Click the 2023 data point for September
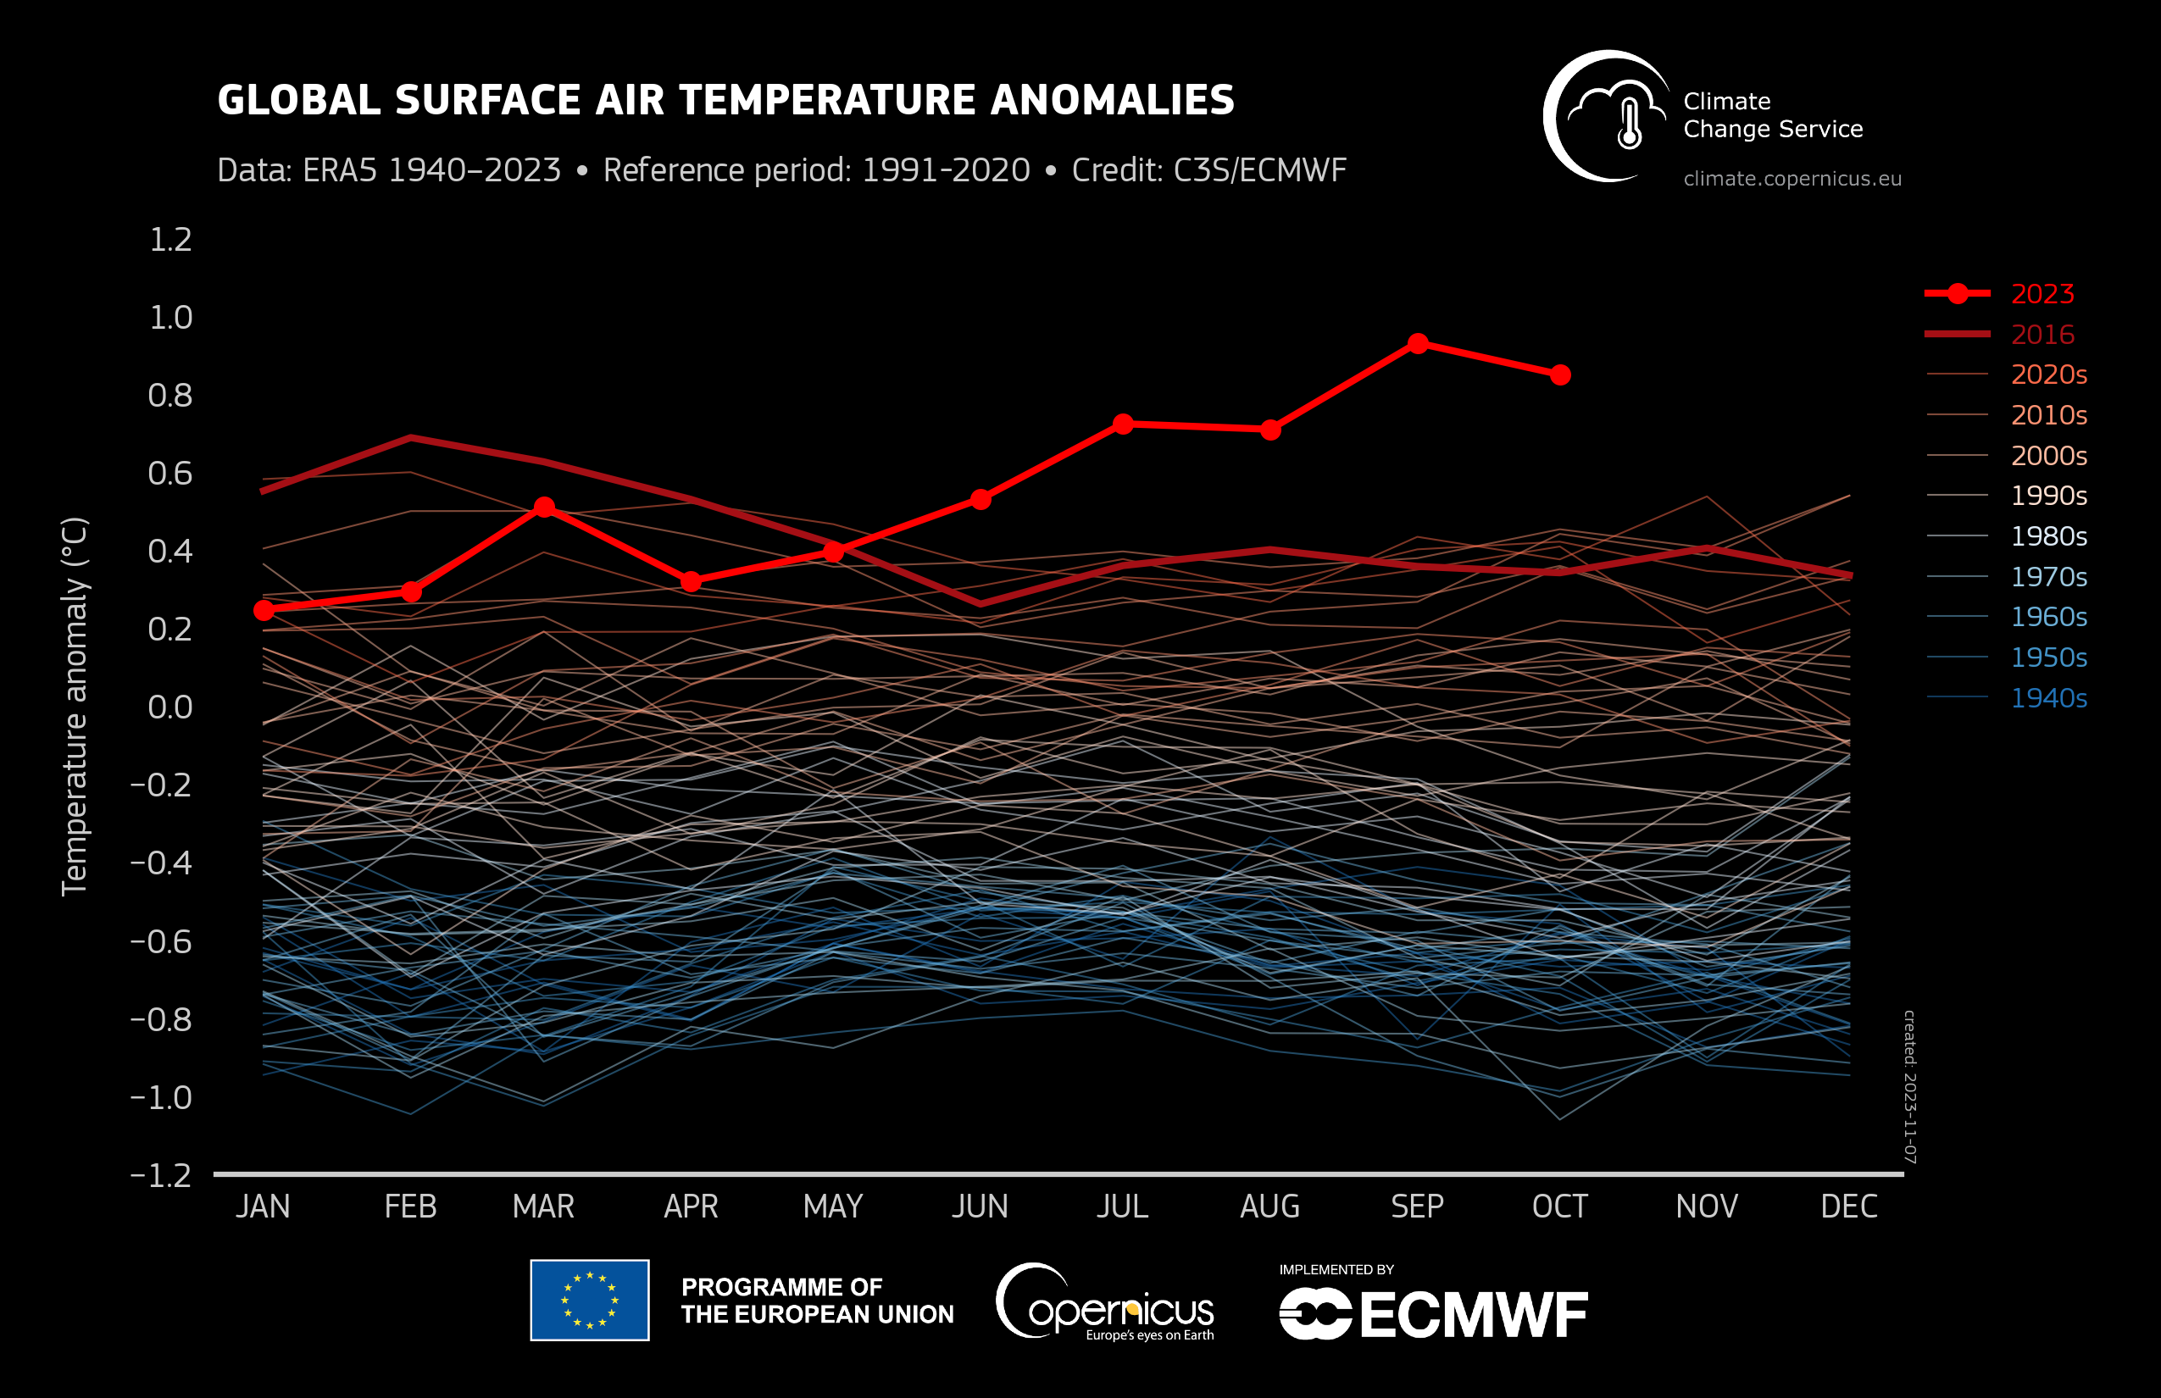1417,344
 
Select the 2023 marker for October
1560,374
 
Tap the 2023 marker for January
264,610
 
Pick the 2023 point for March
544,507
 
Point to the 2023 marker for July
1123,424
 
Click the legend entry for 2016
2042,334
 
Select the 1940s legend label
2048,697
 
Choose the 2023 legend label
2042,294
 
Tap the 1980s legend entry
2048,535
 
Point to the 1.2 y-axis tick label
170,240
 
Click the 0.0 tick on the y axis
170,707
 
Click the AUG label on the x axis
1269,1207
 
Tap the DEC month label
1848,1207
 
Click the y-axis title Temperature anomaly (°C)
75,707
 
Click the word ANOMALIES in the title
1112,100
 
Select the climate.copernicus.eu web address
1792,179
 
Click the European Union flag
589,1300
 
